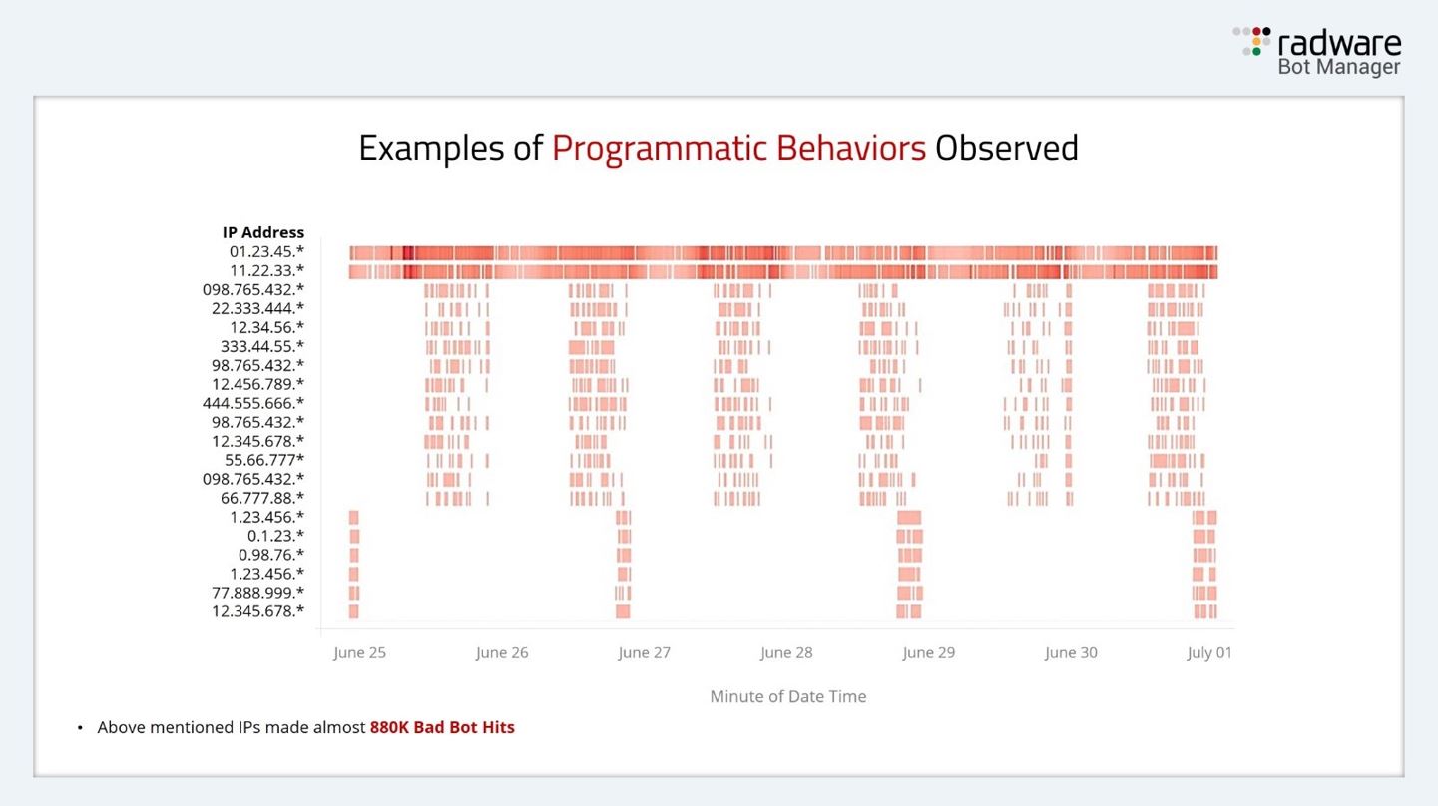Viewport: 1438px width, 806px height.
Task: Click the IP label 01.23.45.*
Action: point(266,251)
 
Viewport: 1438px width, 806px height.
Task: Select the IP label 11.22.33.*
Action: point(266,270)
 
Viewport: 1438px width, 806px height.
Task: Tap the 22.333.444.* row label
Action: point(257,308)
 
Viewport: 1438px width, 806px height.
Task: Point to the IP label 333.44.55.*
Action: point(261,346)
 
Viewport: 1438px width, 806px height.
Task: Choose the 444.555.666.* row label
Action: point(252,403)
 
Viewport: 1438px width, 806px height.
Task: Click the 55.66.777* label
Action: point(263,460)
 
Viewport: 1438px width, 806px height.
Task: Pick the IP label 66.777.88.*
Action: point(261,498)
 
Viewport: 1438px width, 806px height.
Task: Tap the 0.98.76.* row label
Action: point(270,555)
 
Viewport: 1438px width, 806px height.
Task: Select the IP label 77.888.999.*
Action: point(257,593)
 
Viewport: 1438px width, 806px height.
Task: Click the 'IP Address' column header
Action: point(263,232)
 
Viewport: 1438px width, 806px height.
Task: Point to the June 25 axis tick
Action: point(359,653)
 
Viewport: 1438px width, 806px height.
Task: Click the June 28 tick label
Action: point(786,653)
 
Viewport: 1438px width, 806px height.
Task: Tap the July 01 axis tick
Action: point(1209,653)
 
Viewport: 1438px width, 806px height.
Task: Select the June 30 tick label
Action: point(1071,653)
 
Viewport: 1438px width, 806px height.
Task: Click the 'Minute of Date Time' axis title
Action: point(788,697)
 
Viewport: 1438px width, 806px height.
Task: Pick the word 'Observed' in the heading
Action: point(1007,148)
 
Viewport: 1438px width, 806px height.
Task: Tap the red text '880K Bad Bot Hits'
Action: point(442,728)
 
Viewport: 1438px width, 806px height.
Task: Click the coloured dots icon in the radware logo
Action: point(1252,41)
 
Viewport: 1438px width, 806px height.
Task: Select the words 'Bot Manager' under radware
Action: point(1339,67)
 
